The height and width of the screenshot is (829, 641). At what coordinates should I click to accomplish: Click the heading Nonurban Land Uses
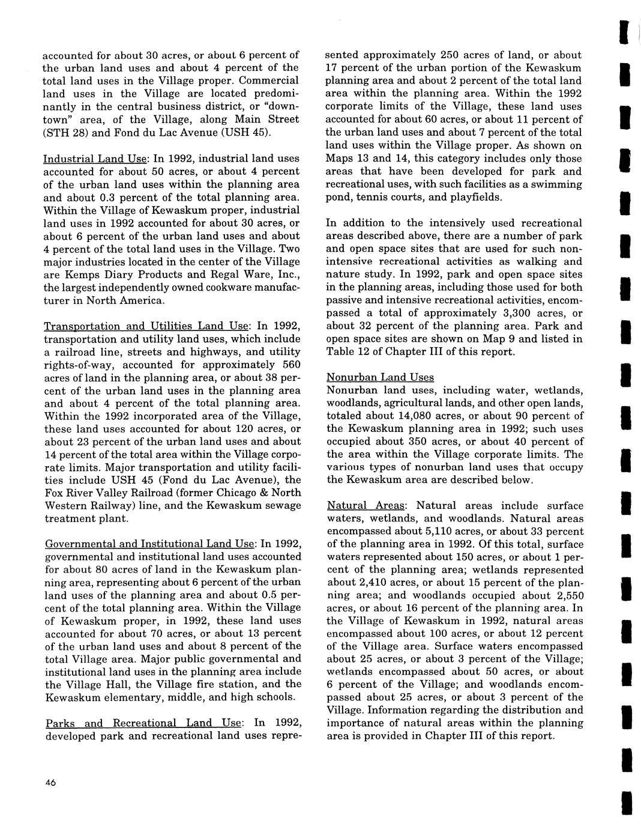(x=380, y=377)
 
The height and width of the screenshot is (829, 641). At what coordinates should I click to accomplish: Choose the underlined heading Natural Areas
(x=366, y=506)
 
